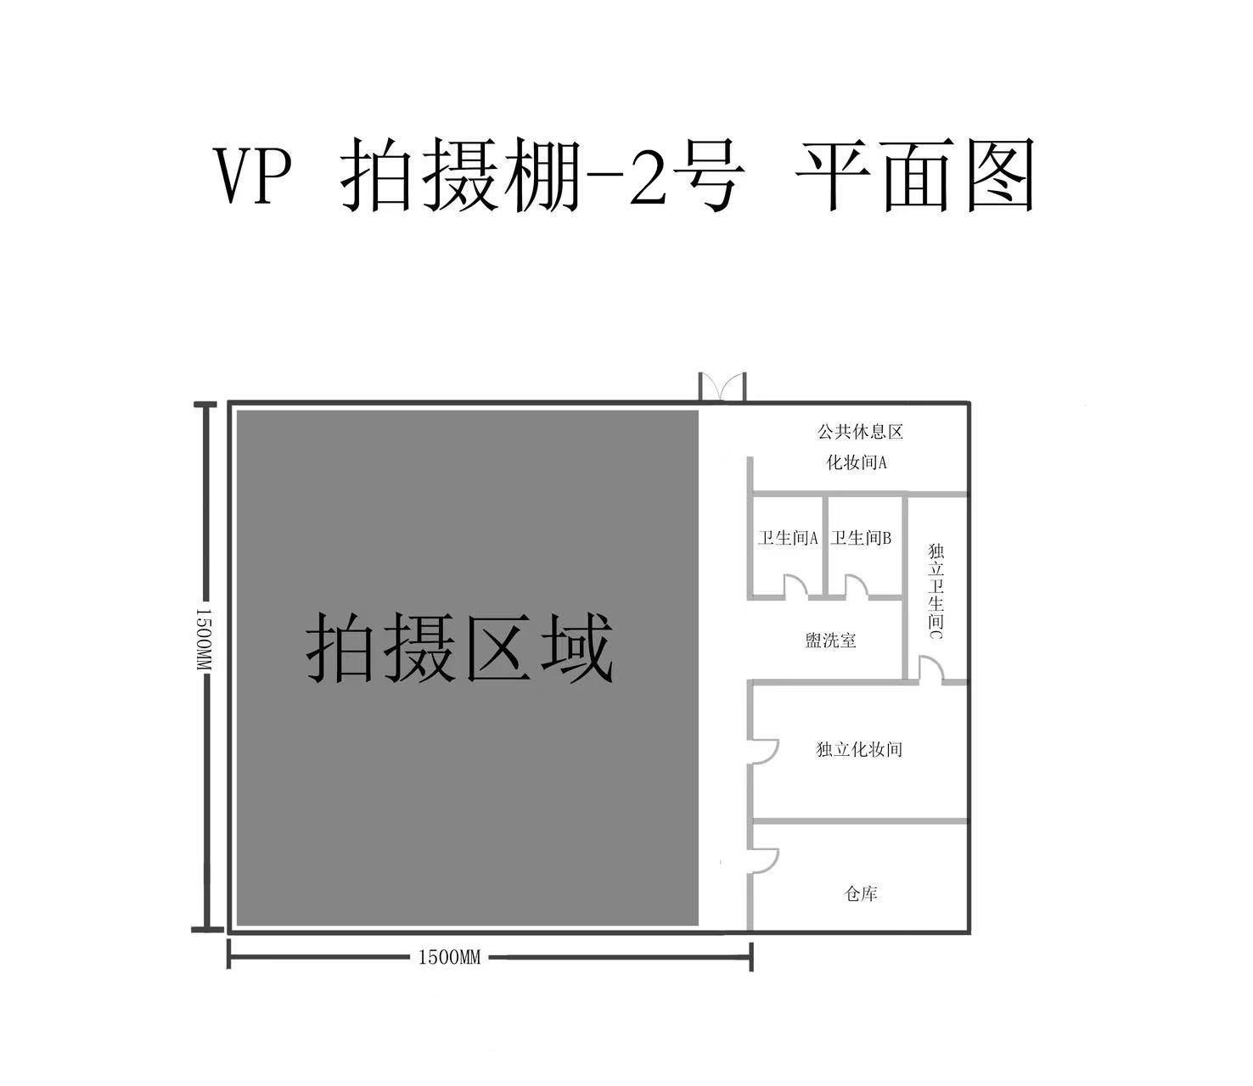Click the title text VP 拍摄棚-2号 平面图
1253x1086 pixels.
click(x=625, y=175)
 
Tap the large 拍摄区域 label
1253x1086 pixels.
click(x=459, y=648)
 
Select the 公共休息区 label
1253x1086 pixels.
click(x=860, y=432)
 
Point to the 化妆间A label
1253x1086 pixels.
click(x=857, y=463)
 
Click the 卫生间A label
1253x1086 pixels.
click(x=788, y=538)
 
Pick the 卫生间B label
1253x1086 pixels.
click(x=861, y=538)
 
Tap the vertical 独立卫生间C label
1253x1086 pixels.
click(x=936, y=591)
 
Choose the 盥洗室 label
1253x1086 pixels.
click(x=830, y=641)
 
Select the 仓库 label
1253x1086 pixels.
click(x=861, y=894)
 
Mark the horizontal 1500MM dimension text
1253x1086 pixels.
click(x=449, y=958)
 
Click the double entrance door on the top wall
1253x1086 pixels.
click(x=722, y=387)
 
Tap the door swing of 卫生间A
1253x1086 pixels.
click(x=796, y=586)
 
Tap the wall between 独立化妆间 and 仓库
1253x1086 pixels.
click(x=858, y=822)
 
